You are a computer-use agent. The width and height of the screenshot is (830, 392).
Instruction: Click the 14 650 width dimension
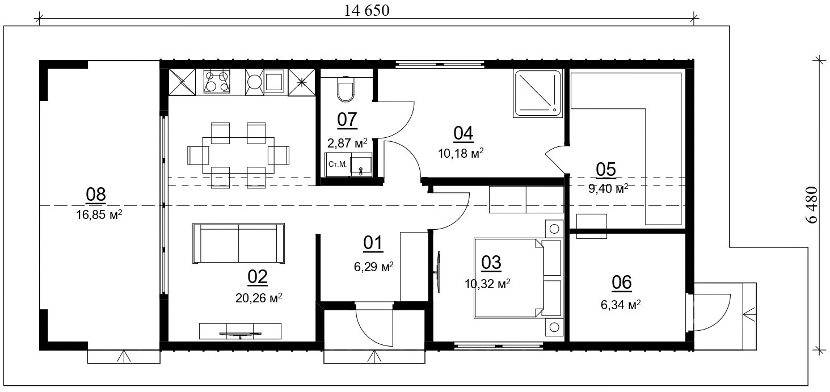(367, 11)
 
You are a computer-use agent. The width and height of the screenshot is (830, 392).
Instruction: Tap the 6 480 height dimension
(811, 205)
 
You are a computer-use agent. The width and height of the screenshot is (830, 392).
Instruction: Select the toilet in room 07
(346, 89)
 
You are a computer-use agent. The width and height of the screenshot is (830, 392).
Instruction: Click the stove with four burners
(217, 81)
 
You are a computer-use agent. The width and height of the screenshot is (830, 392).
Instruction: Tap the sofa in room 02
(239, 243)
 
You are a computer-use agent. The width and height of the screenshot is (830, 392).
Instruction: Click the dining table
(238, 155)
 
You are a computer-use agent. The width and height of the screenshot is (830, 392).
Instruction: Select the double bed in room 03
(517, 278)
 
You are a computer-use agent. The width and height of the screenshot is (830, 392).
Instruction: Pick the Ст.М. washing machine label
(337, 164)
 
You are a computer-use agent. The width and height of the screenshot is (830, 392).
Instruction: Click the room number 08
(96, 195)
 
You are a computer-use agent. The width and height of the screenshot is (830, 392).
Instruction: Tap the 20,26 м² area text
(259, 297)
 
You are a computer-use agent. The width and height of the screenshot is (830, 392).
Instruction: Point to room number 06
(622, 283)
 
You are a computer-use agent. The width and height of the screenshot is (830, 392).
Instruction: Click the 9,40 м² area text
(608, 188)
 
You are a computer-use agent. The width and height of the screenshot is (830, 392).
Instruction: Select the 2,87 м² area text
(347, 142)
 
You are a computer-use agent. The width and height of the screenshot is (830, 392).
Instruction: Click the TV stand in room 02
(240, 331)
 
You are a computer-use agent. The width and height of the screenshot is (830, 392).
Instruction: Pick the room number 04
(463, 133)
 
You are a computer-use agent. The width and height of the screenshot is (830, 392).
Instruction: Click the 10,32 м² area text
(487, 284)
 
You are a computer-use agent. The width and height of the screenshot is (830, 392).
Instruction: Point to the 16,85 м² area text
(99, 214)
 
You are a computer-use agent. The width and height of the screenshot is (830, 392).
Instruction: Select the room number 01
(373, 243)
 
